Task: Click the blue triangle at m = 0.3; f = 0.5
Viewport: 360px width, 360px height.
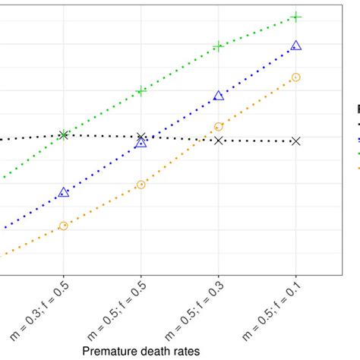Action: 63,192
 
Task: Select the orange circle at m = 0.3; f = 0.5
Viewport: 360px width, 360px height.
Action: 63,226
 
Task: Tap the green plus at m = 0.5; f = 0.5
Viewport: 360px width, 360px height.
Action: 141,91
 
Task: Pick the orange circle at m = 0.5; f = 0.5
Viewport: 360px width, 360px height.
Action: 141,185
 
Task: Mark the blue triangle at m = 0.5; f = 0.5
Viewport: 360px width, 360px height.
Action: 141,142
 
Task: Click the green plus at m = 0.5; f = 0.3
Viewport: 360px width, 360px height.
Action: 219,46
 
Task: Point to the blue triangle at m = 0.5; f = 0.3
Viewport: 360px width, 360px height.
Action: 219,96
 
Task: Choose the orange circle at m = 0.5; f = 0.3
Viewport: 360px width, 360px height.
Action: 219,127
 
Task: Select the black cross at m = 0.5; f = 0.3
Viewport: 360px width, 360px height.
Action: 219,140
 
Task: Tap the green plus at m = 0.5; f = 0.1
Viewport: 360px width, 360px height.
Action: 296,17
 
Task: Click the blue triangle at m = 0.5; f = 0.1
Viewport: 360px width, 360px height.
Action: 296,46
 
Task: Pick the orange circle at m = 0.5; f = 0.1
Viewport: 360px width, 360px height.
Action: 296,77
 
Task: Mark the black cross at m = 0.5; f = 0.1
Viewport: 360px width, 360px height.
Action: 296,141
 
